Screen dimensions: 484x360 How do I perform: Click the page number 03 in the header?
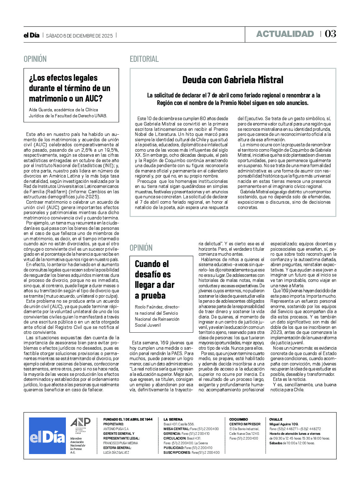pyautogui.click(x=330, y=34)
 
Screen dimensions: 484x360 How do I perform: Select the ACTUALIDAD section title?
pyautogui.click(x=285, y=34)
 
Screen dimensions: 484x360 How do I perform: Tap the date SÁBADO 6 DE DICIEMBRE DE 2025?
pyautogui.click(x=79, y=36)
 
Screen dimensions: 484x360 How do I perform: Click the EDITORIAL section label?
pyautogui.click(x=144, y=59)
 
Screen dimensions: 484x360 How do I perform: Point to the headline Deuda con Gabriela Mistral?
pyautogui.click(x=233, y=80)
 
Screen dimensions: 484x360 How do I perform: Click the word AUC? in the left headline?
pyautogui.click(x=94, y=99)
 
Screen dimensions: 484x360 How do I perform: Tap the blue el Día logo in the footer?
pyautogui.click(x=47, y=436)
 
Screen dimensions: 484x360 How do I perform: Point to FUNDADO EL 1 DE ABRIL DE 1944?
pyautogui.click(x=128, y=420)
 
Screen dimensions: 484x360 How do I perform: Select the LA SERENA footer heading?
pyautogui.click(x=173, y=420)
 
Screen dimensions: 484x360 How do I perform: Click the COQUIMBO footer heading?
pyautogui.click(x=239, y=420)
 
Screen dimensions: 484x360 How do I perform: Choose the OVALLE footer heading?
pyautogui.click(x=276, y=420)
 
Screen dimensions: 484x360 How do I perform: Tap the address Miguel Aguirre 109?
pyautogui.click(x=284, y=424)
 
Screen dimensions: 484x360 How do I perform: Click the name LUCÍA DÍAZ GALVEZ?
pyautogui.click(x=116, y=453)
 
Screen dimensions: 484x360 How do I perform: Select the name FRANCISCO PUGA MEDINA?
pyautogui.click(x=120, y=443)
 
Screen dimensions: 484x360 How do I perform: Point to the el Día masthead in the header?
pyautogui.click(x=32, y=35)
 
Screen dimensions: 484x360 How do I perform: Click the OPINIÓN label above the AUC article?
pyautogui.click(x=35, y=59)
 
